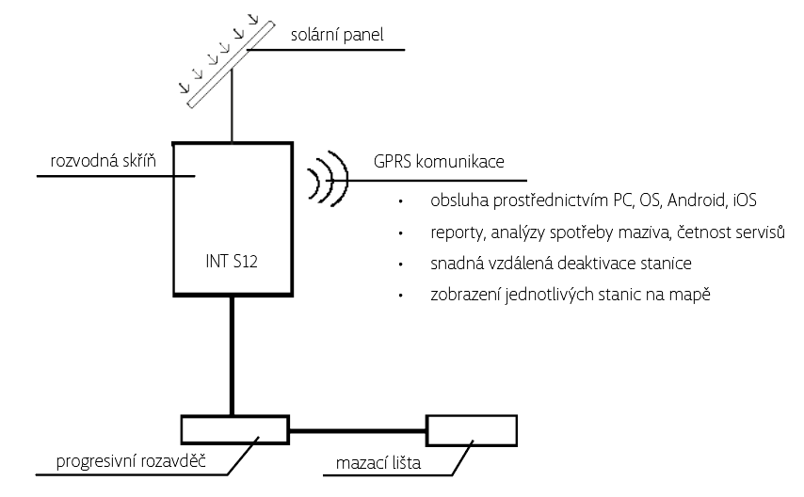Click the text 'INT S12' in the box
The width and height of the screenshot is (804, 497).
pyautogui.click(x=231, y=261)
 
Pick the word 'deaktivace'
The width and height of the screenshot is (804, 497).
pyautogui.click(x=608, y=264)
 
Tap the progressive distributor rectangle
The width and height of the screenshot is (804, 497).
pyautogui.click(x=233, y=429)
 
